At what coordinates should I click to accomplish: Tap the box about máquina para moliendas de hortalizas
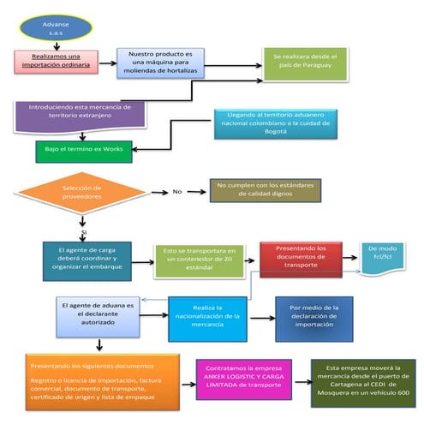[x=152, y=63]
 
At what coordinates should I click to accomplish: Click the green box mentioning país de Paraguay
[x=305, y=61]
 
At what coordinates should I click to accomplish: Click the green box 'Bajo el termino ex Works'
[x=84, y=151]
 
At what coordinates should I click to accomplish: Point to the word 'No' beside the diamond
[x=177, y=191]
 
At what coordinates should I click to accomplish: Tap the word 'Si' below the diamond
[x=83, y=232]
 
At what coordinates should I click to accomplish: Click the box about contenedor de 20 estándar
[x=199, y=261]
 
